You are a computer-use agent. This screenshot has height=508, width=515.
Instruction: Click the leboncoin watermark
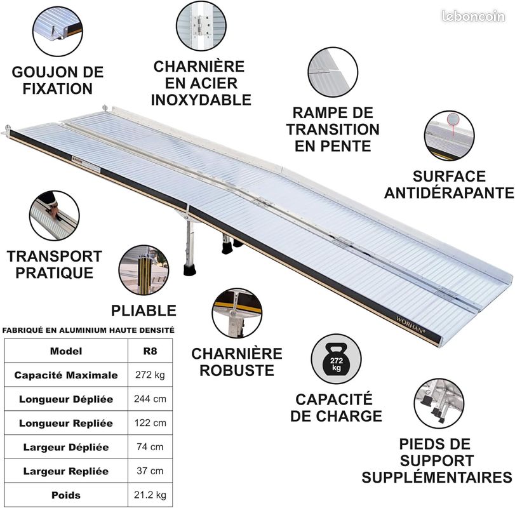click(473, 16)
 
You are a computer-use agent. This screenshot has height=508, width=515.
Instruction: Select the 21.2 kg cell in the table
click(150, 495)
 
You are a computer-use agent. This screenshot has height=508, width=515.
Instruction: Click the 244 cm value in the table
click(150, 399)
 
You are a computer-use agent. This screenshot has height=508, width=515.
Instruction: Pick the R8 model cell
click(150, 351)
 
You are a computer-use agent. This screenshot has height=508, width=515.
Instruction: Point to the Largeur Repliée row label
click(65, 471)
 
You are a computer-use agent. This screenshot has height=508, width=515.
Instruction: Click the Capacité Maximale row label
click(65, 375)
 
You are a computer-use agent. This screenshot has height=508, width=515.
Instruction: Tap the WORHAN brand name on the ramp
click(410, 324)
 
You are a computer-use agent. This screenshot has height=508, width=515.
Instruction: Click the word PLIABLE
click(144, 311)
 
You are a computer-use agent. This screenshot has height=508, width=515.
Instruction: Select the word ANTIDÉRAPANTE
click(449, 193)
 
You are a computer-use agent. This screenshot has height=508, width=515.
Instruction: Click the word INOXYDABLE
click(201, 100)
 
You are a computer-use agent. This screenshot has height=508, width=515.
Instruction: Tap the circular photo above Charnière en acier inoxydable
click(201, 25)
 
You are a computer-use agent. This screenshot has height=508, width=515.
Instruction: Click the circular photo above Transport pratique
click(54, 215)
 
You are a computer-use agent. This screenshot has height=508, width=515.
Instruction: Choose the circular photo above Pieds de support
click(439, 403)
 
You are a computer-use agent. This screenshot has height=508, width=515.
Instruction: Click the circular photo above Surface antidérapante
click(449, 136)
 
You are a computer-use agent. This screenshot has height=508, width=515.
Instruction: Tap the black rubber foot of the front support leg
click(189, 270)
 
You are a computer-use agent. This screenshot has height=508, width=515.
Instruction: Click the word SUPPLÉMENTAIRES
click(437, 477)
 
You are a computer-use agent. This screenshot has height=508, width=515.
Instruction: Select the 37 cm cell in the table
click(150, 471)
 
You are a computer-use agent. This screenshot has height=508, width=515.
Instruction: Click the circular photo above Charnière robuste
click(237, 313)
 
